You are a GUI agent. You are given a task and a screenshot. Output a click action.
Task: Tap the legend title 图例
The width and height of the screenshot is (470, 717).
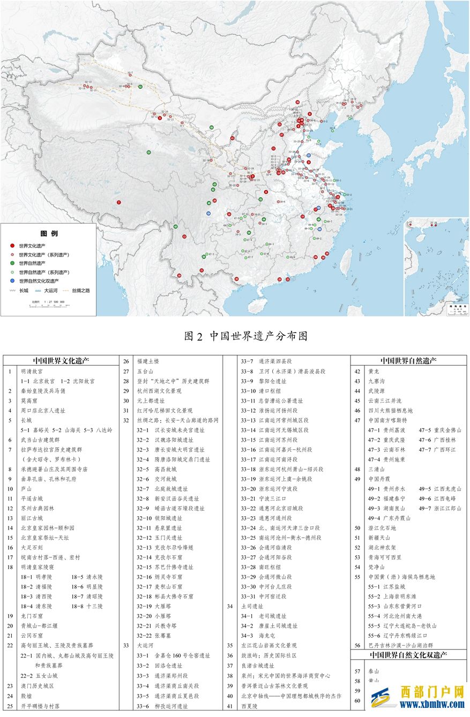point(49,233)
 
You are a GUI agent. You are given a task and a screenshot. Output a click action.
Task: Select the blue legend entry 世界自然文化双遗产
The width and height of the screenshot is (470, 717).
point(39,280)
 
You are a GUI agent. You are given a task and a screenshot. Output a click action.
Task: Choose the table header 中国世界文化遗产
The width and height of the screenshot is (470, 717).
point(61,360)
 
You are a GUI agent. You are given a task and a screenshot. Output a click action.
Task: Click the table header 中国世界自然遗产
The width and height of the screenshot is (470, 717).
point(408,360)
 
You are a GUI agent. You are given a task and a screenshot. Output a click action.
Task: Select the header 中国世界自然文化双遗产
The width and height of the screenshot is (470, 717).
point(408,654)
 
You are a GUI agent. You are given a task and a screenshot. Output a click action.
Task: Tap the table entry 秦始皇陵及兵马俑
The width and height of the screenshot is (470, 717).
point(43,391)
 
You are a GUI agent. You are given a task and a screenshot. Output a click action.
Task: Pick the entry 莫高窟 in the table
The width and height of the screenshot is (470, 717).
point(29,401)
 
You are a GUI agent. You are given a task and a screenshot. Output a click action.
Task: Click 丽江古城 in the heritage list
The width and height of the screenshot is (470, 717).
point(33,518)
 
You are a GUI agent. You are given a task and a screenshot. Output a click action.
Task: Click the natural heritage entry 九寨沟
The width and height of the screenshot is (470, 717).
point(376,381)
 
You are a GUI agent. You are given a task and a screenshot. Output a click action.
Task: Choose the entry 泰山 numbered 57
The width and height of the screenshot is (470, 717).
point(373,670)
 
